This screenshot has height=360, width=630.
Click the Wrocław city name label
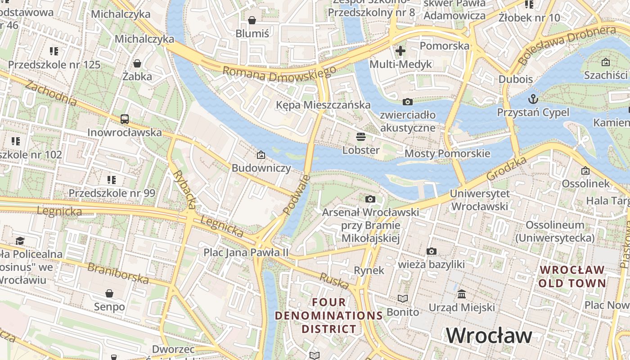pos(489,336)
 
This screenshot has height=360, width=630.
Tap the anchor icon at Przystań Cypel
pos(533,99)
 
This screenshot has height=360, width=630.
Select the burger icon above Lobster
pos(361,136)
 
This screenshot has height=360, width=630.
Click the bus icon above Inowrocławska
pos(125,119)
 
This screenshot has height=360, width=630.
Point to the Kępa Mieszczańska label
pos(324,105)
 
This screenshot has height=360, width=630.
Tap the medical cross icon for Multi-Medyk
pos(400,50)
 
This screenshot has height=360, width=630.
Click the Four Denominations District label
pos(329,315)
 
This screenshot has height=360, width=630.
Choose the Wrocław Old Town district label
pos(572,277)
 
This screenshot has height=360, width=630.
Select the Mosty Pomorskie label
pos(447,153)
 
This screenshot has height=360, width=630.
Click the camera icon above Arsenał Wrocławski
pos(370,199)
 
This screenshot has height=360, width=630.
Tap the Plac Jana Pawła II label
pos(246,252)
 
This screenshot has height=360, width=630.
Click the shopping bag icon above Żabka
pos(137,63)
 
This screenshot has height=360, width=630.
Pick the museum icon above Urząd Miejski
pos(462,294)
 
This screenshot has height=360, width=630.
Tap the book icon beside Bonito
pos(403,298)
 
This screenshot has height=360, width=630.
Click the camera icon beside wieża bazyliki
pos(431,251)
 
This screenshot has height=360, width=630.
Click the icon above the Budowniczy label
pos(261,155)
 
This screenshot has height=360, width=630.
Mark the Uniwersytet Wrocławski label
pos(480,200)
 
